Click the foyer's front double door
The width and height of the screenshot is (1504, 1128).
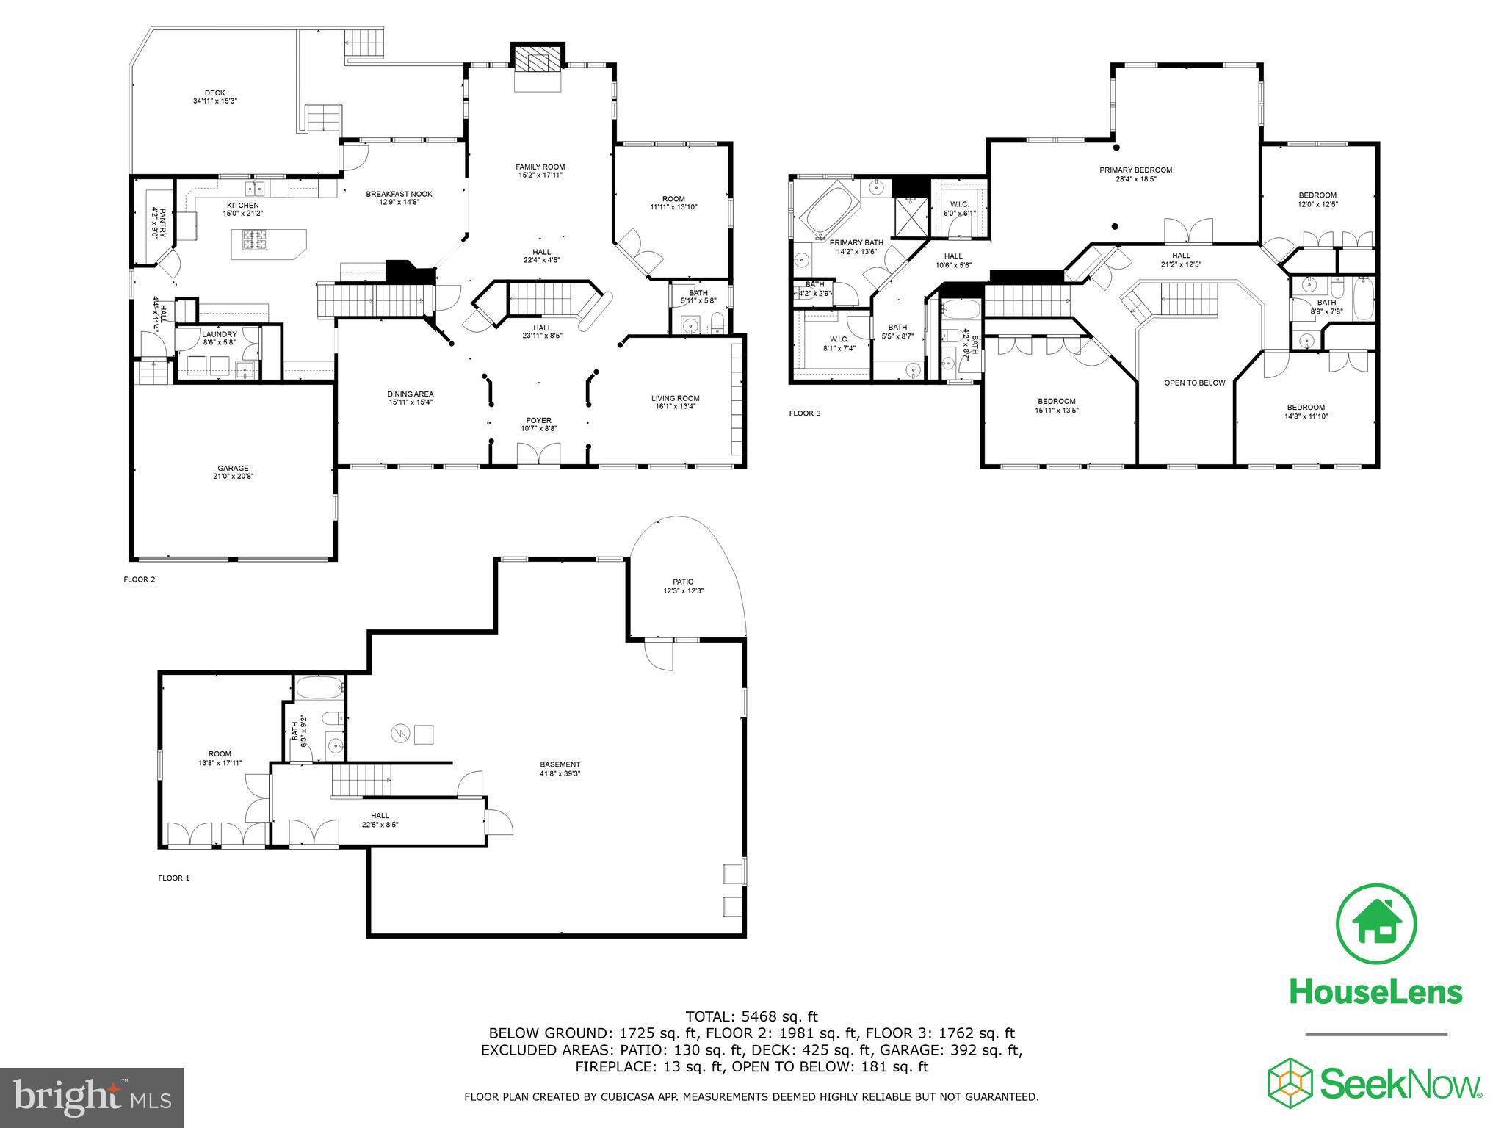tap(538, 455)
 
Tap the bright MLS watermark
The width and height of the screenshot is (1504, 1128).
tap(92, 1097)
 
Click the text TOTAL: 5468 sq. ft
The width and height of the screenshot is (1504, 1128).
tap(751, 1016)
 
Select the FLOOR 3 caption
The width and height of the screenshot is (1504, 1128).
tap(805, 413)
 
